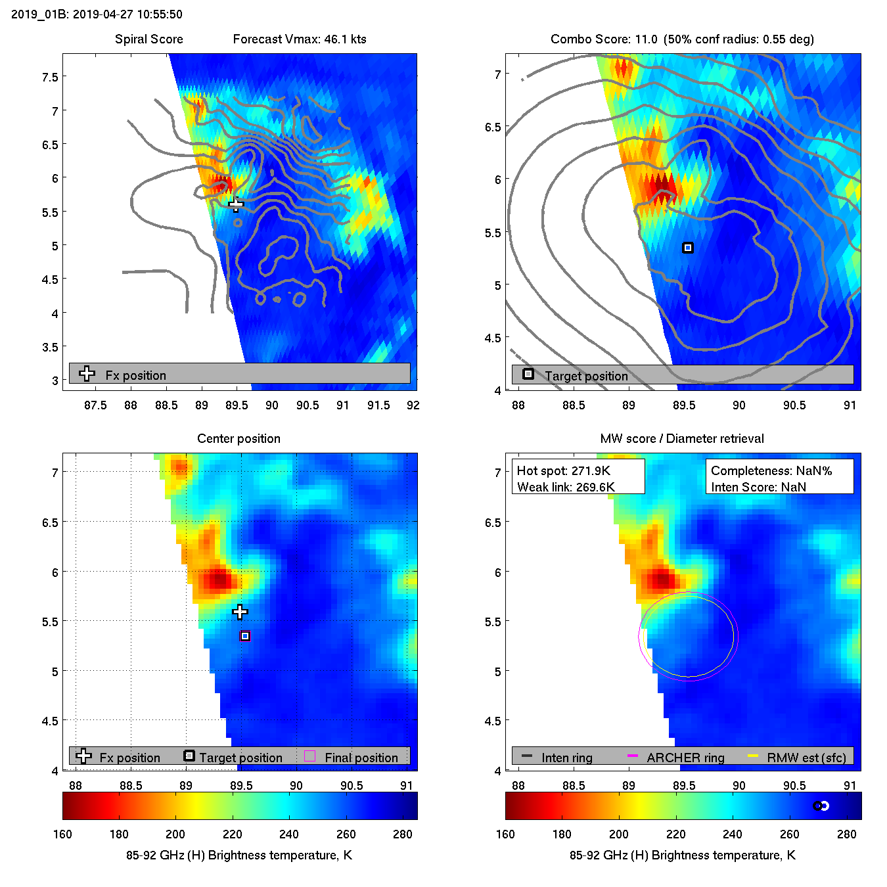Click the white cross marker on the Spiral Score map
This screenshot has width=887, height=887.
[236, 204]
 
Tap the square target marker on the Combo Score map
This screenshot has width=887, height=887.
[687, 248]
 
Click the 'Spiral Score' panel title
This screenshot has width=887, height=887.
[148, 39]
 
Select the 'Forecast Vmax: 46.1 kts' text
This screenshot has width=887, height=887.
[300, 39]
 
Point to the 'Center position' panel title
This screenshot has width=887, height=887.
[239, 439]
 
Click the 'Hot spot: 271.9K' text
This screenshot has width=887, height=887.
[563, 470]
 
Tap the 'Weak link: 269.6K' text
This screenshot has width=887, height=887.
[566, 487]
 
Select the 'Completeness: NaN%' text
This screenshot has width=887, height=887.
[771, 470]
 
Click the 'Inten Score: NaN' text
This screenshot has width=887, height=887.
[758, 487]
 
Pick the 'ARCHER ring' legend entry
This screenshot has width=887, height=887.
[685, 758]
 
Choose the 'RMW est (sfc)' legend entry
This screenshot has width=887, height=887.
[806, 758]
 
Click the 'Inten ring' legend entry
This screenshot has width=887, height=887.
[566, 758]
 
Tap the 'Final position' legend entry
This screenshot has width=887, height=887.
[361, 758]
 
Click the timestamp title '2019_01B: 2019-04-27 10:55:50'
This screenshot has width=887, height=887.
[97, 14]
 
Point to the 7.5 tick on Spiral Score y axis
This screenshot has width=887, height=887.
[50, 77]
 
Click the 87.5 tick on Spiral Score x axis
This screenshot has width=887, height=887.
[95, 405]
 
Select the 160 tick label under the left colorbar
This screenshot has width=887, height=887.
[62, 834]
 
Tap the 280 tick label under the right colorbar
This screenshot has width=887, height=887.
[846, 834]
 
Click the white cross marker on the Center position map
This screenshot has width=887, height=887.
[240, 612]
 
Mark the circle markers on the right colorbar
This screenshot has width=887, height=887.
[821, 806]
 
